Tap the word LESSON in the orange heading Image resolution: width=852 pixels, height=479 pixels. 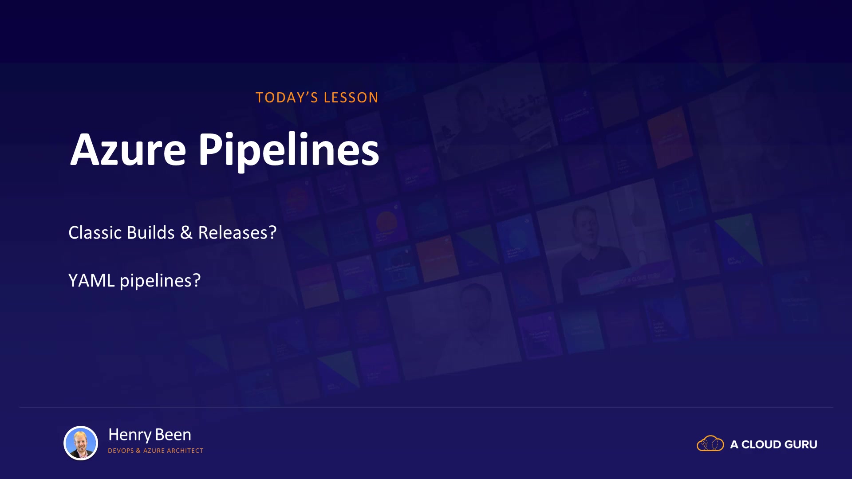click(351, 98)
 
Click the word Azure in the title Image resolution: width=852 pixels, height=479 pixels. click(128, 149)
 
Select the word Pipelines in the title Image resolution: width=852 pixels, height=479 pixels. click(288, 151)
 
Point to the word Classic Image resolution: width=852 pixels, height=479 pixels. click(95, 232)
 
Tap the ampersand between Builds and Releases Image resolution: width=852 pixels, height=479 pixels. click(186, 233)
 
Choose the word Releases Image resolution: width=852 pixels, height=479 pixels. click(233, 232)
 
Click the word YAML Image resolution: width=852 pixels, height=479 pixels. click(91, 280)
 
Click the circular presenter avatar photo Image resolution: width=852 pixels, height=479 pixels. click(81, 443)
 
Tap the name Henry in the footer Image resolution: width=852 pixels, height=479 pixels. click(130, 435)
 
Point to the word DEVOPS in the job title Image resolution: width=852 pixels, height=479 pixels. click(121, 451)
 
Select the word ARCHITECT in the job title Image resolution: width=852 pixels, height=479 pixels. click(185, 451)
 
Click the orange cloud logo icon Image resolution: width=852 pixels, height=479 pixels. click(710, 444)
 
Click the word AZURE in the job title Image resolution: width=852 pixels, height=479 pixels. click(154, 451)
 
